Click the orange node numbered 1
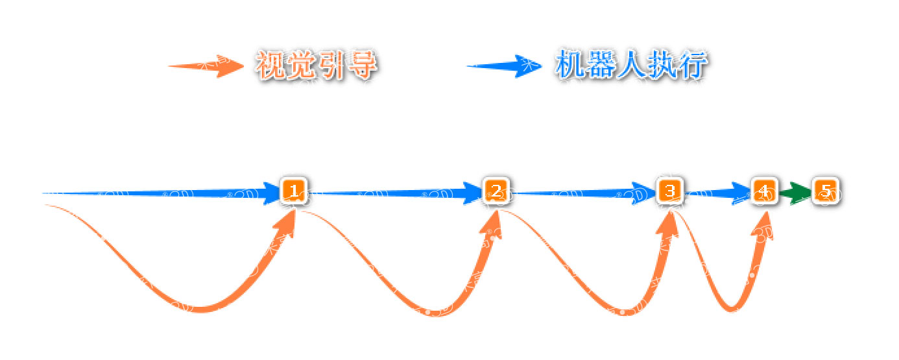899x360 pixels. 293,191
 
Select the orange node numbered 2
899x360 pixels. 496,191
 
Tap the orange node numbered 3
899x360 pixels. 669,191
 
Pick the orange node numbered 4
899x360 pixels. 764,191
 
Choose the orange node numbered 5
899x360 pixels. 825,191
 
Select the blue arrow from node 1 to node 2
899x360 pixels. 396,192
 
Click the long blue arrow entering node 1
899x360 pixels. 162,193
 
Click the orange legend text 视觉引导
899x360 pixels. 317,66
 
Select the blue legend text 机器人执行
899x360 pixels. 630,65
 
